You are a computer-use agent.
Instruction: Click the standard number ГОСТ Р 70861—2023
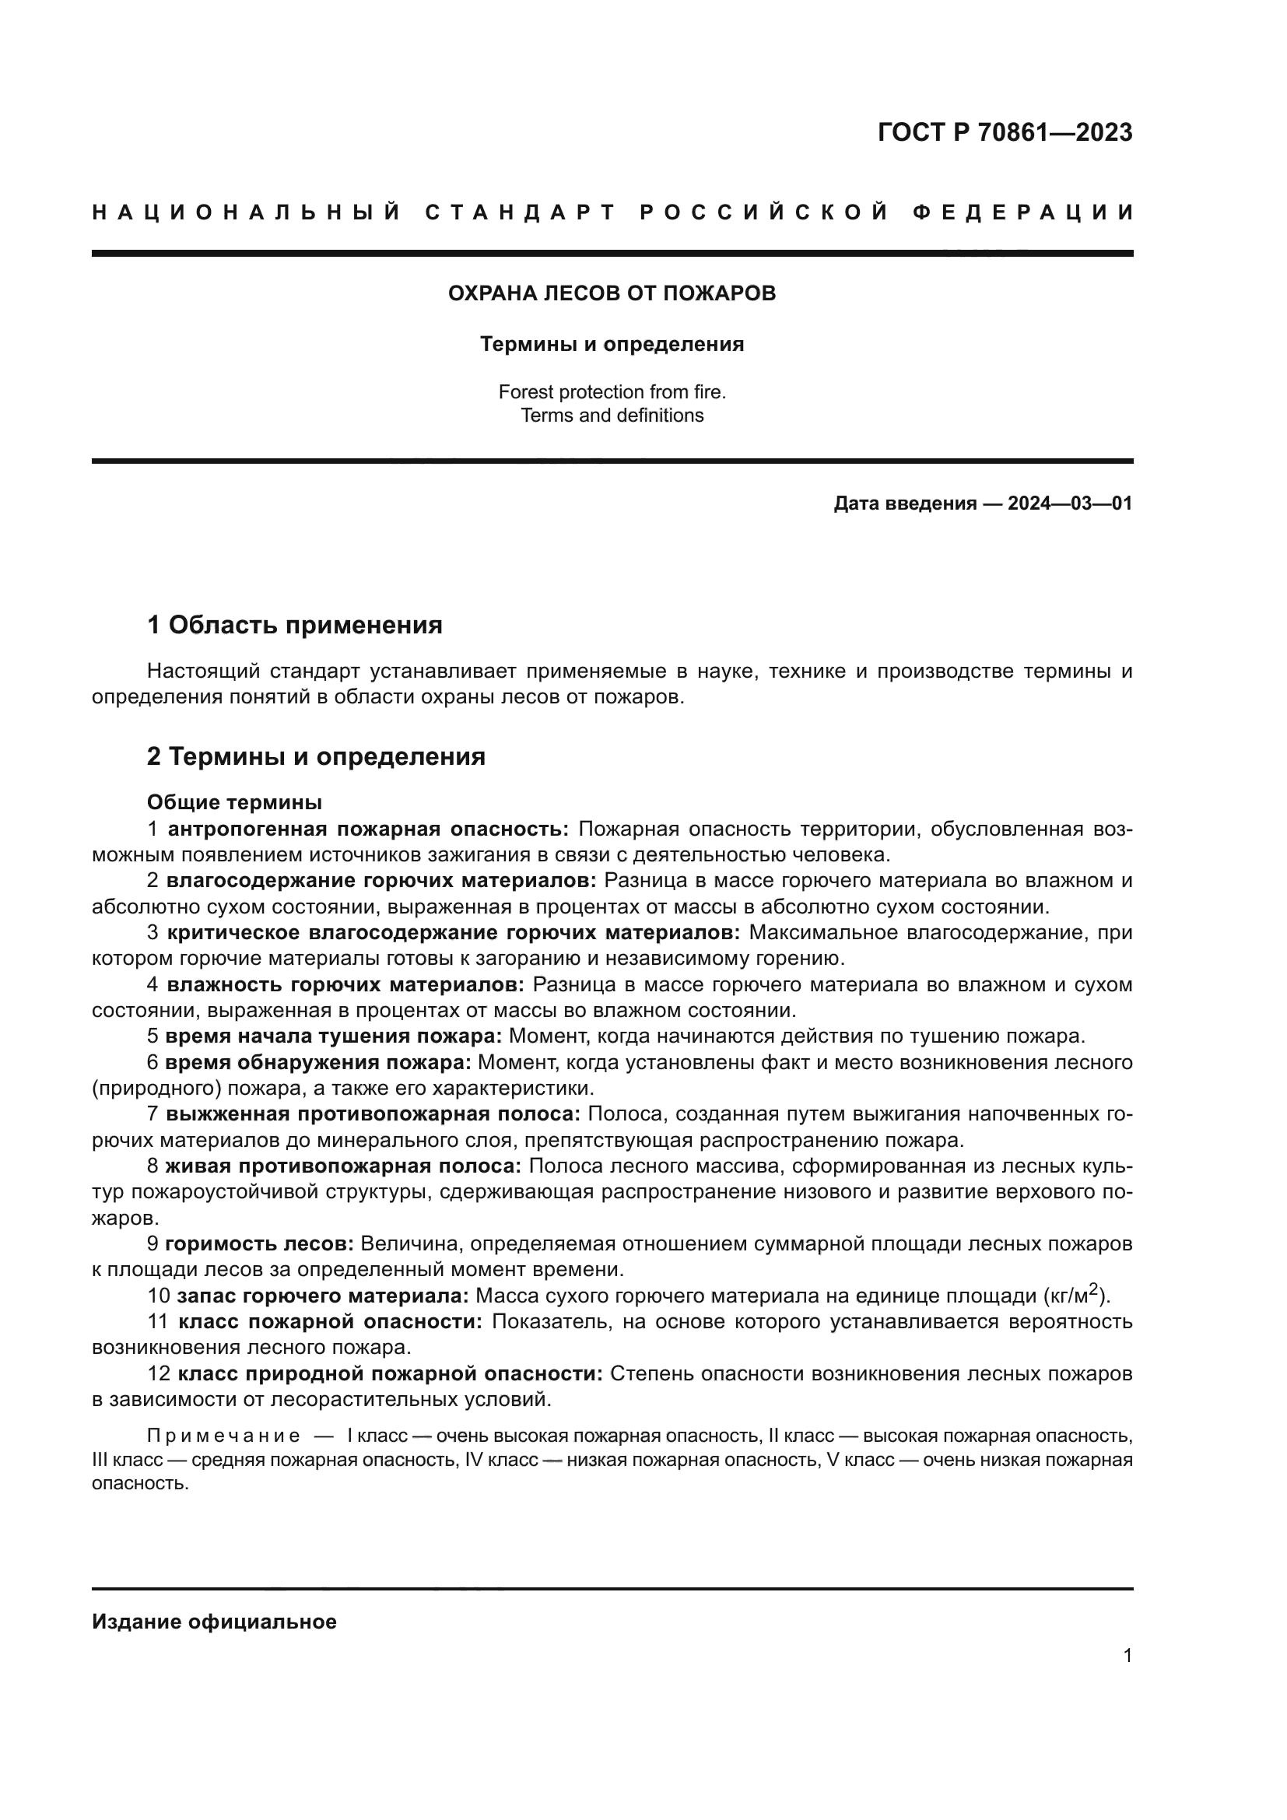coord(1005,132)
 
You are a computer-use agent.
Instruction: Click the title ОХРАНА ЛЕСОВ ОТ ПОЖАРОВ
coord(612,293)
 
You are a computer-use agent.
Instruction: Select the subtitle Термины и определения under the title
coord(612,345)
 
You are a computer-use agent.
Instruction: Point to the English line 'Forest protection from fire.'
coord(612,391)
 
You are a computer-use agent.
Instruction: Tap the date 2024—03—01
coord(1070,503)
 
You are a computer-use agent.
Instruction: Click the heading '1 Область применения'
coord(295,626)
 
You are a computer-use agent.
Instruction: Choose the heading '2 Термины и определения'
coord(316,757)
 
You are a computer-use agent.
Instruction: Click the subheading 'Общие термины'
coord(234,803)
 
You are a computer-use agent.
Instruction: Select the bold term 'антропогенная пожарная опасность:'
coord(369,829)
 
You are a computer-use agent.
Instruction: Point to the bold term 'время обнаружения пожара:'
coord(318,1062)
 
